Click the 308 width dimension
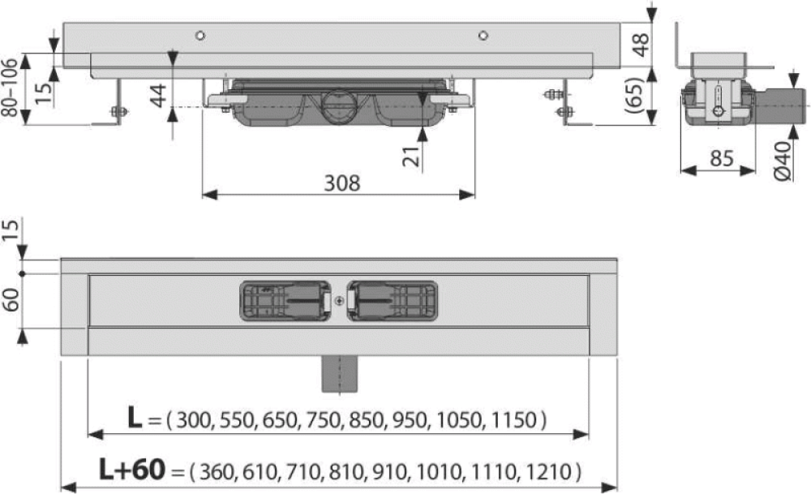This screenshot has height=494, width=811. coord(342,183)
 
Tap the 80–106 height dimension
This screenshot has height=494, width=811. coord(10,88)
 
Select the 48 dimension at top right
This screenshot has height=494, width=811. coord(641,45)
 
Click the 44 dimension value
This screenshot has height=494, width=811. coord(158,95)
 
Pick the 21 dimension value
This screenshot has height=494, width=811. coord(412,157)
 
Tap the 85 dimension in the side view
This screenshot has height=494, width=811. coord(722,158)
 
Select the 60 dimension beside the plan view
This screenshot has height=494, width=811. coord(11,300)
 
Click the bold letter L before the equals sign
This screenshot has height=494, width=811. coord(135,418)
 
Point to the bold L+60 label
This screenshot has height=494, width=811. coord(132,470)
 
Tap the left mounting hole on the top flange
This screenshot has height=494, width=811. coord(200,36)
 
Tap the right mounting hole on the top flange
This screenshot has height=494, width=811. coord(483,36)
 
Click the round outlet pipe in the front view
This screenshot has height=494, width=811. coord(339,107)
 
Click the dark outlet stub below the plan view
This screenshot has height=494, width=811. coord(339,374)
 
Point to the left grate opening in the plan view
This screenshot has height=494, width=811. coord(285,301)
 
